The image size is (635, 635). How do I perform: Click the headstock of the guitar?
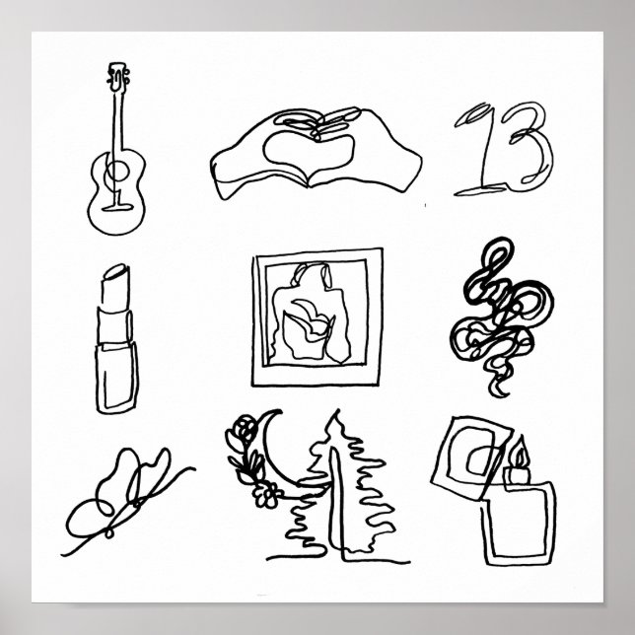click(118, 75)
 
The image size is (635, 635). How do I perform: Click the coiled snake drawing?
click(498, 316)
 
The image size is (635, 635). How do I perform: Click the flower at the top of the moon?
click(240, 429)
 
